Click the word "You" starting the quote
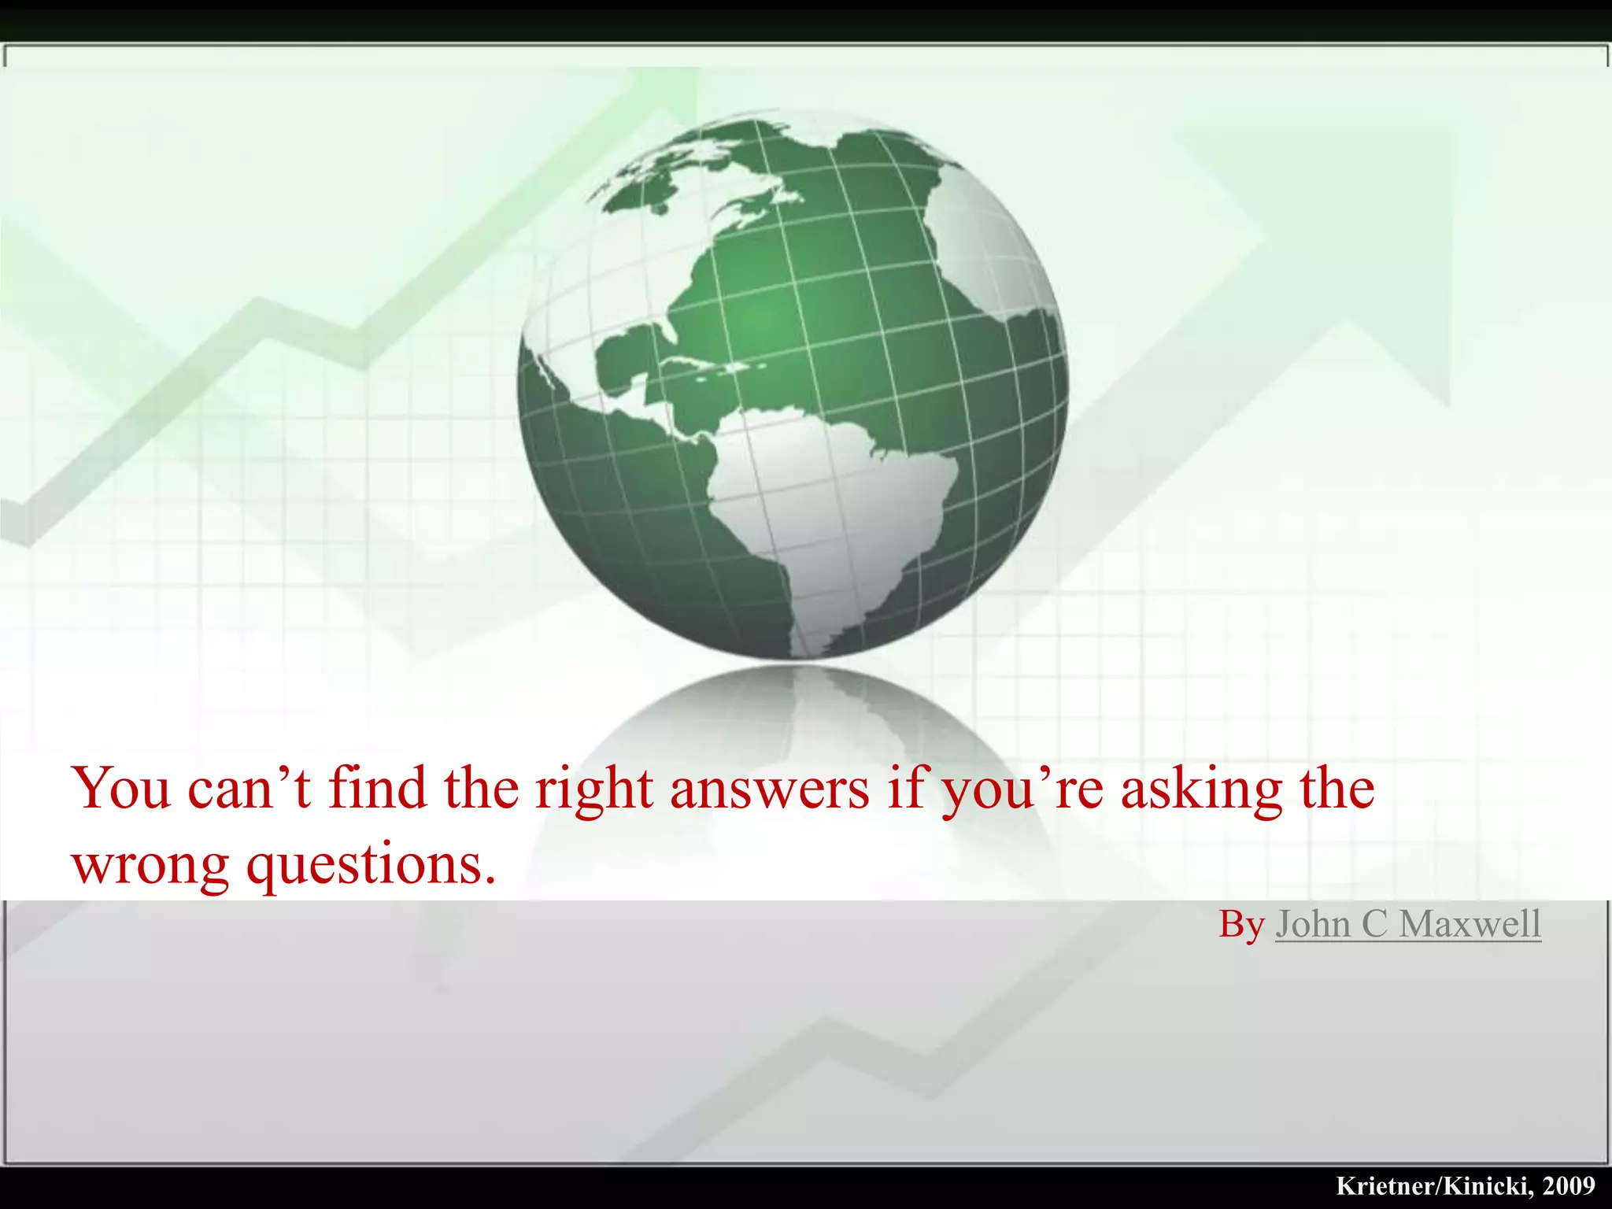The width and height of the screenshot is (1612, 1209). click(x=121, y=789)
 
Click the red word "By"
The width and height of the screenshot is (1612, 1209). click(x=1241, y=924)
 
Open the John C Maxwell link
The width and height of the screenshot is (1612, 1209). click(x=1407, y=924)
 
